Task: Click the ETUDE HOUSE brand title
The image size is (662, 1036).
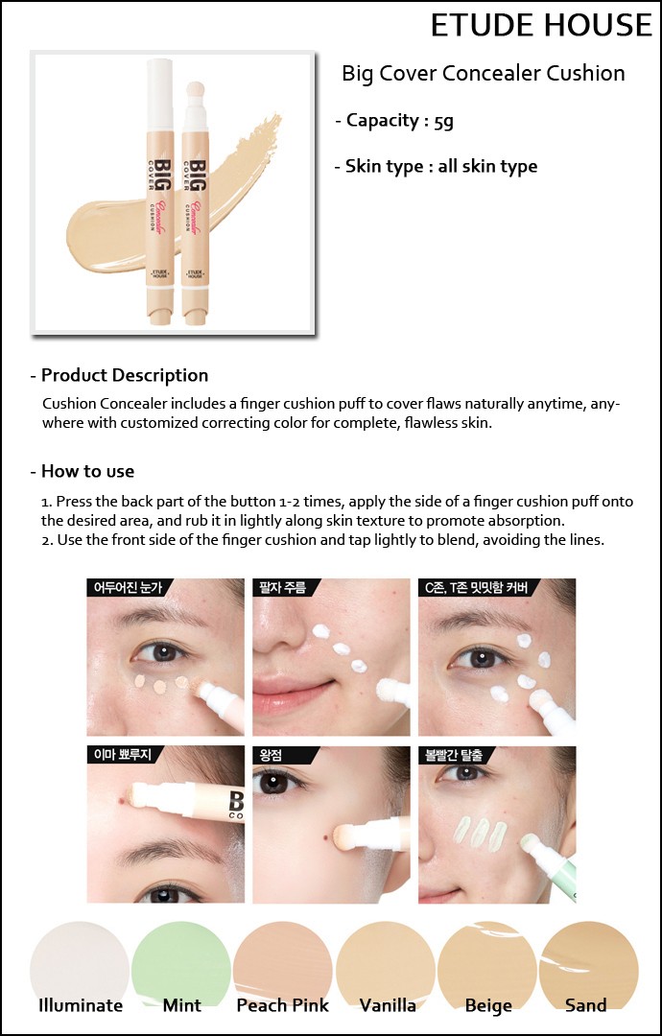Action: [541, 25]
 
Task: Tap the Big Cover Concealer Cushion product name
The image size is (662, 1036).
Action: [483, 73]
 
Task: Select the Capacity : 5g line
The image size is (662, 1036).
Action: [394, 121]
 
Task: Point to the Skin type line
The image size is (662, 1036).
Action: [436, 167]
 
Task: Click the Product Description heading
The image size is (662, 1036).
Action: [120, 375]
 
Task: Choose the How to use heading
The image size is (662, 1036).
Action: [83, 471]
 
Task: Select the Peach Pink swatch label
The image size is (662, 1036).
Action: [283, 1005]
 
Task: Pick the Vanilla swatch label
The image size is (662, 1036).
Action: [388, 1005]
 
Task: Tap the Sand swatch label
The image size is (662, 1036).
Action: [585, 1005]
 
